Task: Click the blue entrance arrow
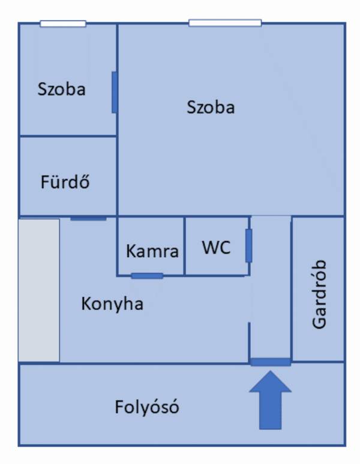click(270, 400)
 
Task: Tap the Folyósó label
click(147, 408)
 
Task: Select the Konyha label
click(112, 304)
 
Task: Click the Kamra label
click(152, 251)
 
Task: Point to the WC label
click(216, 248)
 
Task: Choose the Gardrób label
click(319, 294)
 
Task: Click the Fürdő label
click(65, 182)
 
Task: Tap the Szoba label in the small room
click(61, 89)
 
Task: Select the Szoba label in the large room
click(211, 107)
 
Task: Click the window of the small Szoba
click(63, 24)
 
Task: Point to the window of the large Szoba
click(225, 23)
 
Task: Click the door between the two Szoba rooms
click(114, 92)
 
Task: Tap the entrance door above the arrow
click(270, 361)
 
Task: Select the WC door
click(248, 246)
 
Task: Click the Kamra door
click(147, 276)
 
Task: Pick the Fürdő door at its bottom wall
click(88, 218)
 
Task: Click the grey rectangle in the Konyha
click(39, 290)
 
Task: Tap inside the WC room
click(216, 264)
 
